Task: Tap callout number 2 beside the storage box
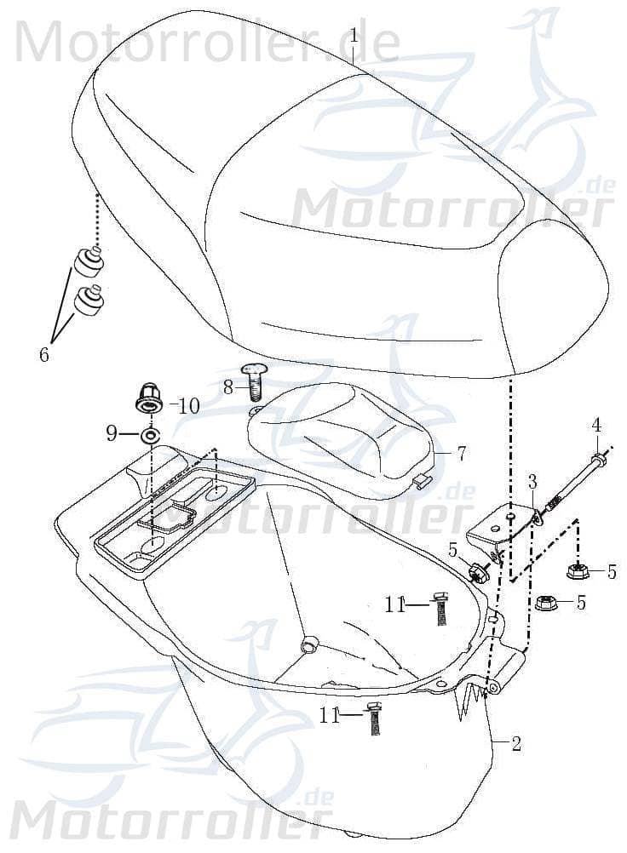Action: pyautogui.click(x=516, y=742)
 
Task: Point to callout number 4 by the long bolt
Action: pyautogui.click(x=596, y=424)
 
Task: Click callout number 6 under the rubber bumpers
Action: pyautogui.click(x=44, y=354)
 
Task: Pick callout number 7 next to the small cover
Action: pyautogui.click(x=461, y=454)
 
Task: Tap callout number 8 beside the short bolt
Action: pyautogui.click(x=228, y=387)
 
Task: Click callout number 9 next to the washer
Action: pyautogui.click(x=112, y=434)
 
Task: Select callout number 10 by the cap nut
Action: pyautogui.click(x=188, y=406)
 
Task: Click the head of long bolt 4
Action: pyautogui.click(x=599, y=460)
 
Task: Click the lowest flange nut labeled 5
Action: pyautogui.click(x=546, y=603)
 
